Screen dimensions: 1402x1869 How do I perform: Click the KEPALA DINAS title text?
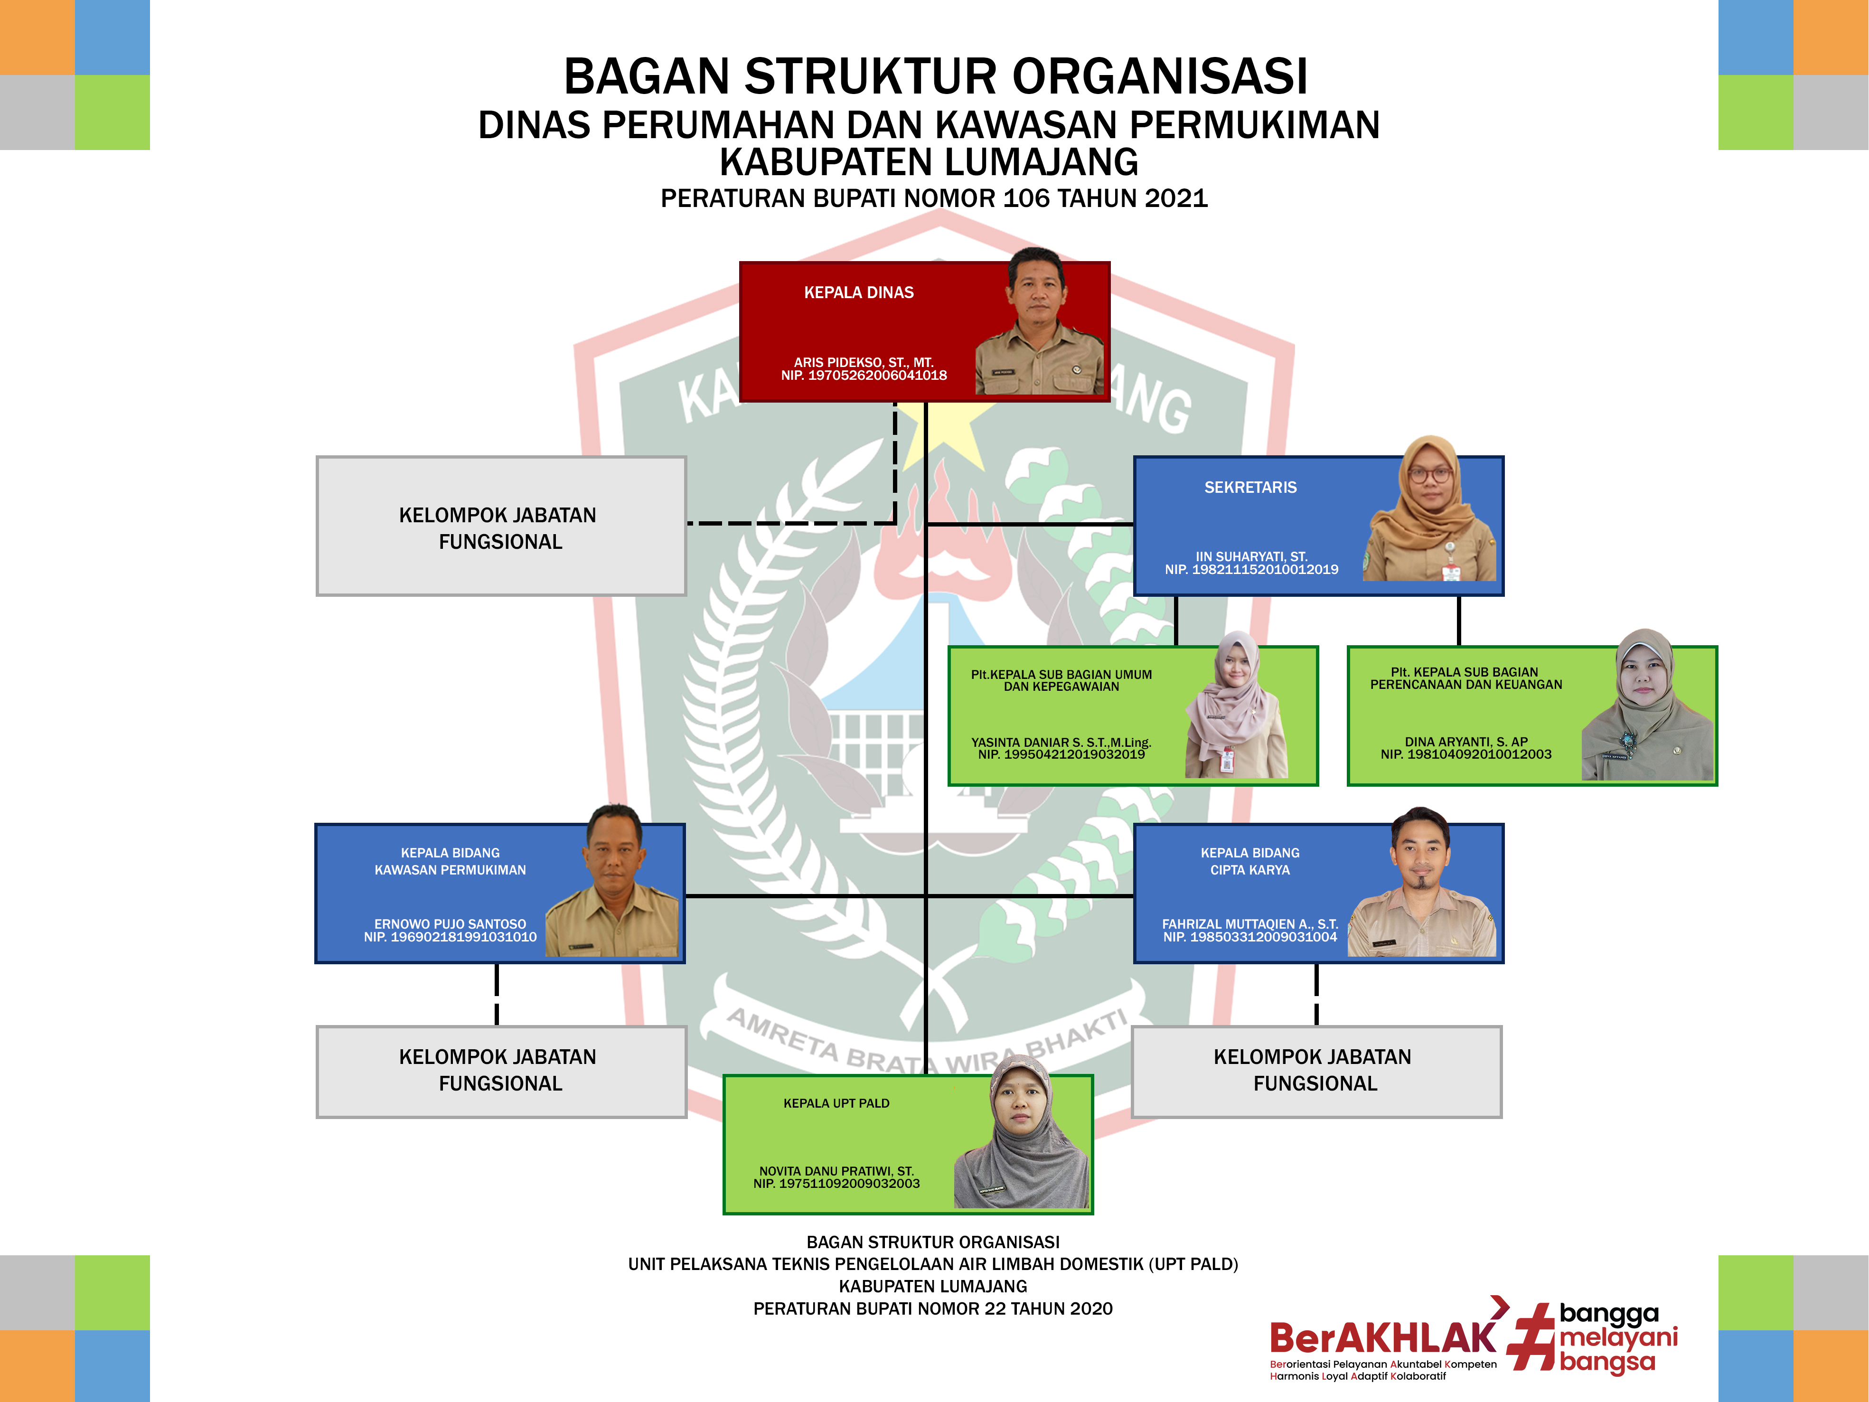[x=858, y=292]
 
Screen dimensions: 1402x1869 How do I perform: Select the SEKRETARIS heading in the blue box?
[x=1249, y=488]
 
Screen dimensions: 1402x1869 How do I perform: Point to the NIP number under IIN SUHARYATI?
[x=1251, y=570]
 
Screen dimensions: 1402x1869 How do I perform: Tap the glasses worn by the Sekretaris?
[x=1429, y=474]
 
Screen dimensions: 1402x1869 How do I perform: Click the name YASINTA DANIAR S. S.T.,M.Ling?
[x=1061, y=742]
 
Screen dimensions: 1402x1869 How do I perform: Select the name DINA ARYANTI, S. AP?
[x=1466, y=741]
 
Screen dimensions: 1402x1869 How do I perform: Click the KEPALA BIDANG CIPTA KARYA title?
[x=1249, y=861]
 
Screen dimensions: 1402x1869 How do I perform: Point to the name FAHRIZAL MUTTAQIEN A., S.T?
[x=1249, y=924]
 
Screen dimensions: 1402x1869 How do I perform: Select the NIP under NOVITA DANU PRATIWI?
[x=836, y=1183]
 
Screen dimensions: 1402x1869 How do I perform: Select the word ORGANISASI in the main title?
[x=1160, y=76]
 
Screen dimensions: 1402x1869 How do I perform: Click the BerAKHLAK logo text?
[x=1382, y=1338]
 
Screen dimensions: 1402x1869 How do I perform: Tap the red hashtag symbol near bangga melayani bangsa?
[x=1533, y=1336]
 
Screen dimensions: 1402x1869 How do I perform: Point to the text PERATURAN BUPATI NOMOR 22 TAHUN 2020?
[x=933, y=1308]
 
